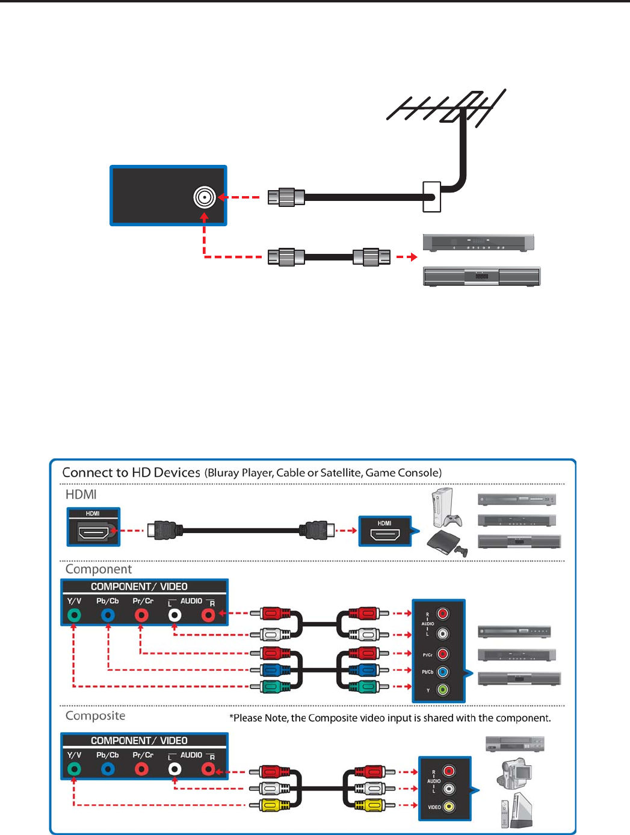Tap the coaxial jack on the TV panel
click(x=205, y=197)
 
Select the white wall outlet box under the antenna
click(x=432, y=197)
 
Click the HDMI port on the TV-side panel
click(x=93, y=531)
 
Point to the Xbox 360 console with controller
click(x=446, y=508)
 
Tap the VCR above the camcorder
click(x=514, y=744)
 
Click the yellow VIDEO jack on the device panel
click(x=449, y=807)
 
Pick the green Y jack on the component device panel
click(x=442, y=689)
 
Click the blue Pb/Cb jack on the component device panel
click(x=442, y=672)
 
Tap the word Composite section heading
click(x=95, y=715)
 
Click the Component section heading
click(x=99, y=569)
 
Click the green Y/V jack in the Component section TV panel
click(x=74, y=615)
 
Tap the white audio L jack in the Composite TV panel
click(x=174, y=769)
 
